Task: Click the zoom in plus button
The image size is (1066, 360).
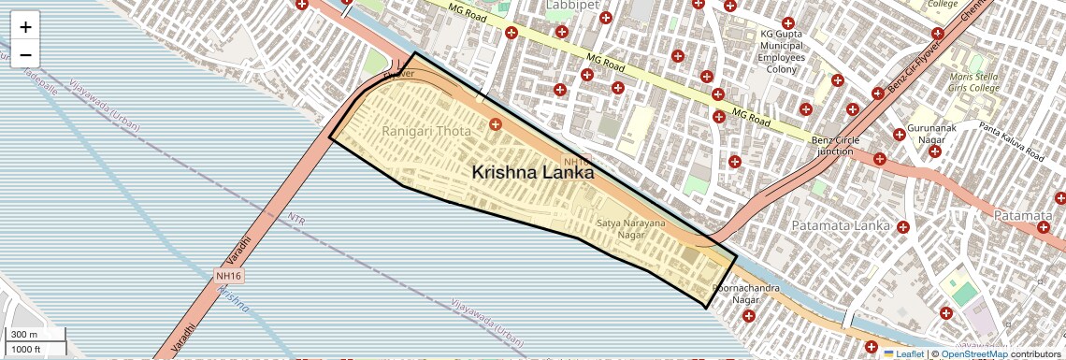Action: [25, 27]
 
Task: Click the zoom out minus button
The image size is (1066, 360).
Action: [25, 55]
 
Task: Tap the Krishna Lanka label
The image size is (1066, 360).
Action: [533, 172]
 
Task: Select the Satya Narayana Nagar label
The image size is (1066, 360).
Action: [631, 229]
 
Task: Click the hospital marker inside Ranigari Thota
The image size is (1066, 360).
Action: [495, 123]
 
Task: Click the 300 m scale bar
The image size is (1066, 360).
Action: [36, 335]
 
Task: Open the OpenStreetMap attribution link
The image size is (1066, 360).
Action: [973, 353]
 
